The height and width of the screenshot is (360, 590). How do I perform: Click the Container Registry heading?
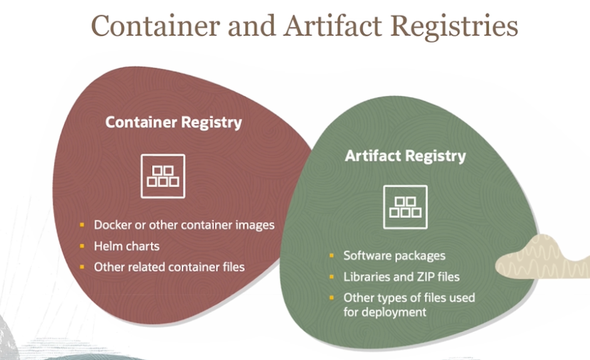tap(173, 122)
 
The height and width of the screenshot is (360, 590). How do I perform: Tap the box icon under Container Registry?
tap(163, 176)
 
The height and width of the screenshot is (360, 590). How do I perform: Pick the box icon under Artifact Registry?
tap(405, 207)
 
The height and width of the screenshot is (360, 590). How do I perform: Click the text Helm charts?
tap(127, 246)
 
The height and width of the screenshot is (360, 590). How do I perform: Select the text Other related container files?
tap(169, 267)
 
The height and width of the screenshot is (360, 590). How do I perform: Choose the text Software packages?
tap(394, 255)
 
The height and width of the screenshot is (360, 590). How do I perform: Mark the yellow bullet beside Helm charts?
tap(82, 246)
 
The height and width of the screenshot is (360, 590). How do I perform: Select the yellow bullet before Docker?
tap(82, 225)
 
